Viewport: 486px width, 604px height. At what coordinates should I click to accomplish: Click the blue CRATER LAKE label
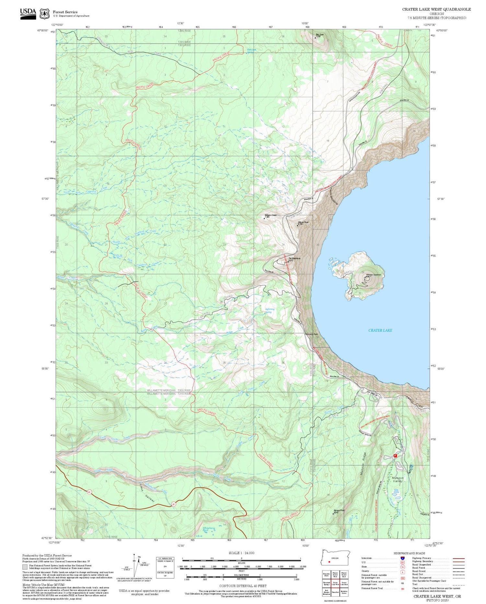(380, 330)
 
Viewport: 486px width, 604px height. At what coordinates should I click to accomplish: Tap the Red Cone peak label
(319, 35)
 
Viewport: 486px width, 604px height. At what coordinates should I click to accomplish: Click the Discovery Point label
(311, 334)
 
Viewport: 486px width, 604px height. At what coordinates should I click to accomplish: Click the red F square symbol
(395, 455)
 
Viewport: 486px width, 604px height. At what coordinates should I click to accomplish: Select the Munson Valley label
(398, 479)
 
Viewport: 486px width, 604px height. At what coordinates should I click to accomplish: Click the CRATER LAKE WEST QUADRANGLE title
(436, 9)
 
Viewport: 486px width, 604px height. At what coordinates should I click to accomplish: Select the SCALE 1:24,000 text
(241, 553)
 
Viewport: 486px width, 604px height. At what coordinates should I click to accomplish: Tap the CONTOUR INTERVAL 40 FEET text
(243, 586)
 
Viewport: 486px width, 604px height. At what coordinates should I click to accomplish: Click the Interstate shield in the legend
(403, 558)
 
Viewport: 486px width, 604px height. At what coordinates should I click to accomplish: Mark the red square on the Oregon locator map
(329, 562)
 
